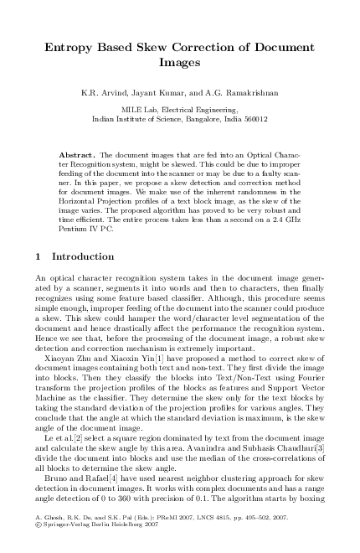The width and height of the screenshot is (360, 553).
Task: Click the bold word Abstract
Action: coord(78,156)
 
